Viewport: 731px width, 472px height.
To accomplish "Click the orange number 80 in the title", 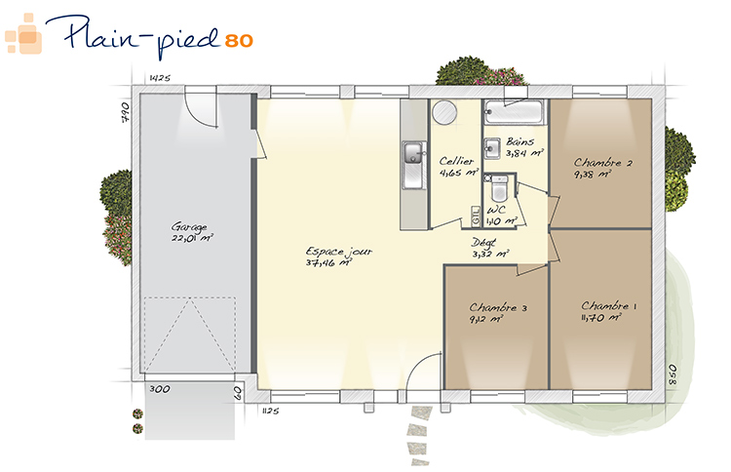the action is point(239,41).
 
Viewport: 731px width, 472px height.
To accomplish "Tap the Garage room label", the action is point(189,227).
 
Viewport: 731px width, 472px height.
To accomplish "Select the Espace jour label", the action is point(339,252).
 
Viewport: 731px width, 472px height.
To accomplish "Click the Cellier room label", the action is point(456,161).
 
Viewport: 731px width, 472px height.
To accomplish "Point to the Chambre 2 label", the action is point(602,163).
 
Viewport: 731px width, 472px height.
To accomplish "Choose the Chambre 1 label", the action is point(609,306).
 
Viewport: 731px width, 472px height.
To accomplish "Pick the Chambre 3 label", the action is point(498,308).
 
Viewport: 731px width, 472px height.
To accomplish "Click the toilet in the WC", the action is point(499,187).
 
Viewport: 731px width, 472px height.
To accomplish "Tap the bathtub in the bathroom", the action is point(514,112).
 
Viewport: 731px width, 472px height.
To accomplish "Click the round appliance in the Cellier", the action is point(443,112).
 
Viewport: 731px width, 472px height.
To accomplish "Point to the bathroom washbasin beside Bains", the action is point(491,149).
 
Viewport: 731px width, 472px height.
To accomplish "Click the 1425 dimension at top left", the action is point(160,78).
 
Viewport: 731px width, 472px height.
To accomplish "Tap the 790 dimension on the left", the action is point(126,112).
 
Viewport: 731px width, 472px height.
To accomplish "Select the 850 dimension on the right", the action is point(673,374).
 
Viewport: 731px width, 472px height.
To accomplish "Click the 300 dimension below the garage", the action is point(160,389).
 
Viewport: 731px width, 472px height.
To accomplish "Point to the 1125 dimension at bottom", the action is point(270,411).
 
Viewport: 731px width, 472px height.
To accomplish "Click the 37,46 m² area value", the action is point(328,263).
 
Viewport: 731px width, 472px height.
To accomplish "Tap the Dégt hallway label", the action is point(483,243).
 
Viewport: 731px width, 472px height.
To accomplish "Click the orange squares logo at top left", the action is point(23,34).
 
